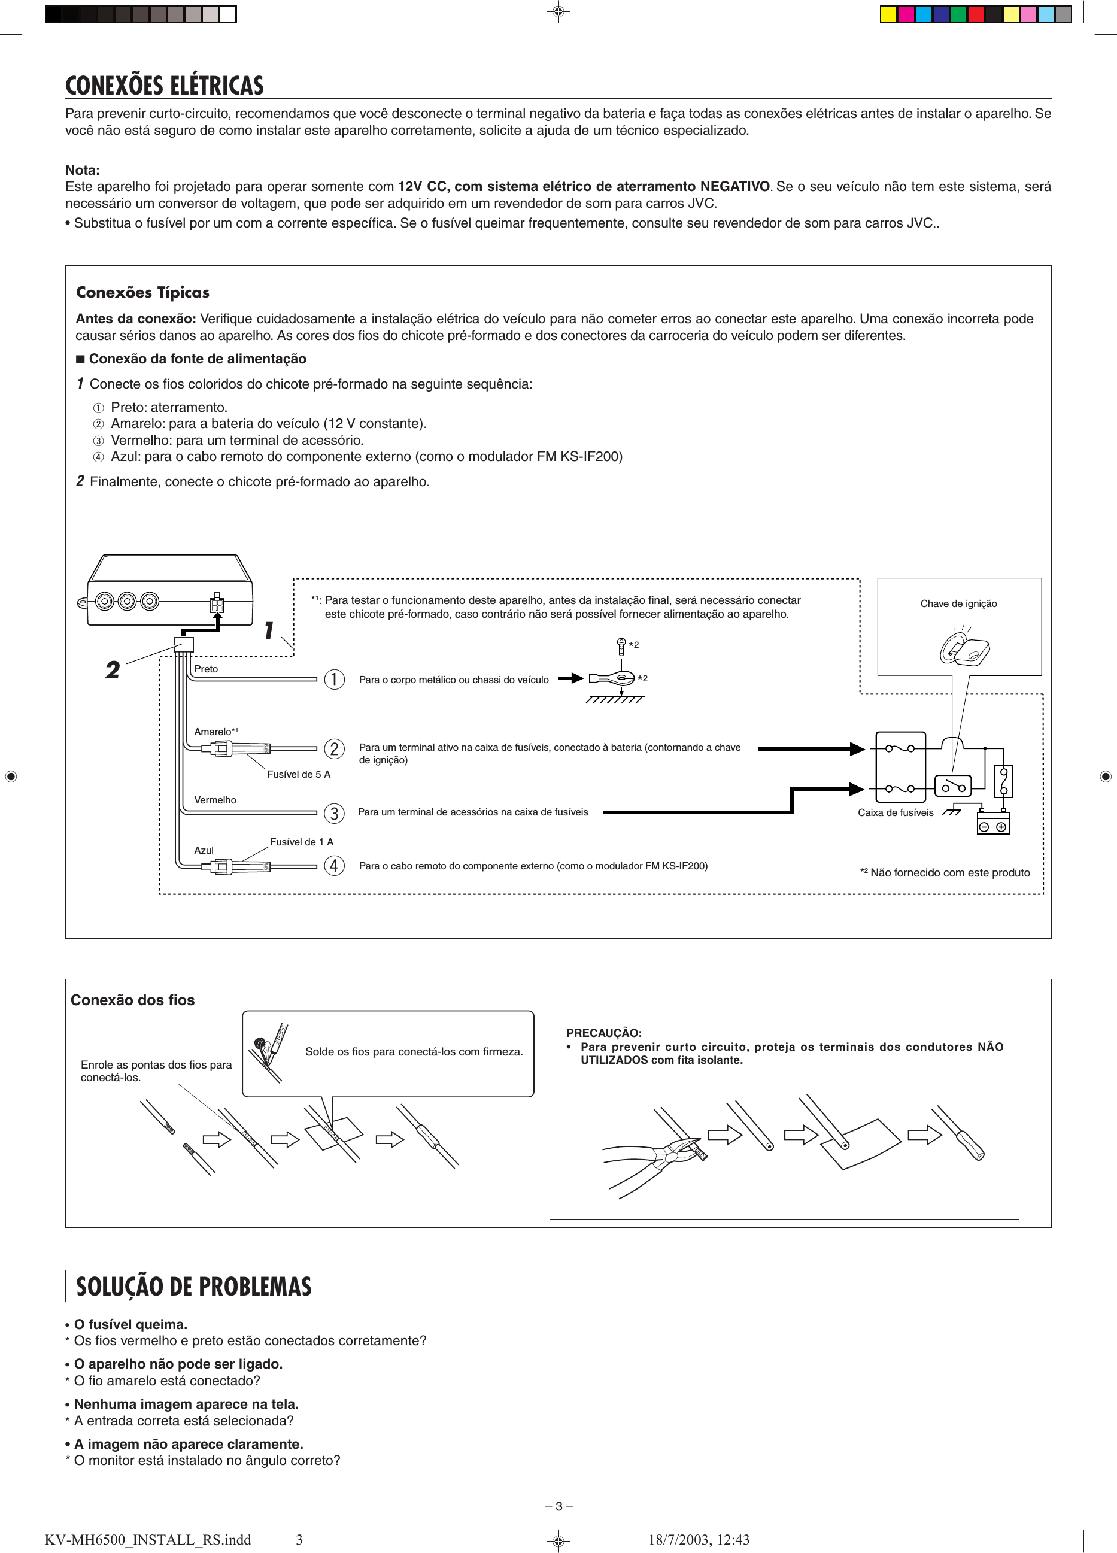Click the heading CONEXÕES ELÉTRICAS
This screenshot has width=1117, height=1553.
(x=165, y=86)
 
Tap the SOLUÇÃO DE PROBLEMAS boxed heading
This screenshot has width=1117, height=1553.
(x=194, y=1286)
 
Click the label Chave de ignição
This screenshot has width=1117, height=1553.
(x=958, y=604)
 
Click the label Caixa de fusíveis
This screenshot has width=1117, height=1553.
(x=895, y=813)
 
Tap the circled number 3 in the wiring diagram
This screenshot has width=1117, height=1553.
(x=334, y=814)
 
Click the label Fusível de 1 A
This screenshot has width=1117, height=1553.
(x=301, y=842)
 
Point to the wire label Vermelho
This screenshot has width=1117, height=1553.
(x=215, y=800)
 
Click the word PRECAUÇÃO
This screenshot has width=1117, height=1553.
(x=603, y=1033)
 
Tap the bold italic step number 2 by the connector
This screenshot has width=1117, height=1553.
(x=113, y=670)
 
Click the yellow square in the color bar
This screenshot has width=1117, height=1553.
(x=888, y=14)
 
